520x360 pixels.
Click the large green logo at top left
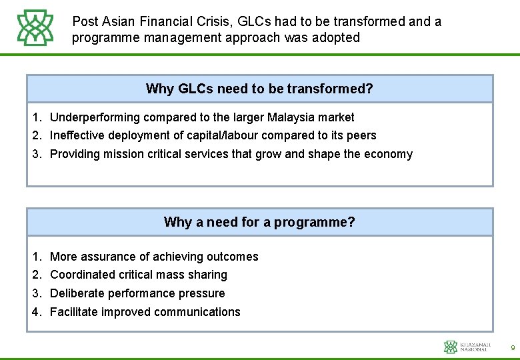(x=35, y=28)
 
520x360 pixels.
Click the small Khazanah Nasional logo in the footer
(x=467, y=347)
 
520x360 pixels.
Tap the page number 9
(x=512, y=347)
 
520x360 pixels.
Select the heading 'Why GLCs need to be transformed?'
(x=259, y=89)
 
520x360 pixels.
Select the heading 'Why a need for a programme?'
(x=259, y=222)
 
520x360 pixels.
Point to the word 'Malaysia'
(x=290, y=117)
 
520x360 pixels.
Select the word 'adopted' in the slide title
(x=337, y=37)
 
